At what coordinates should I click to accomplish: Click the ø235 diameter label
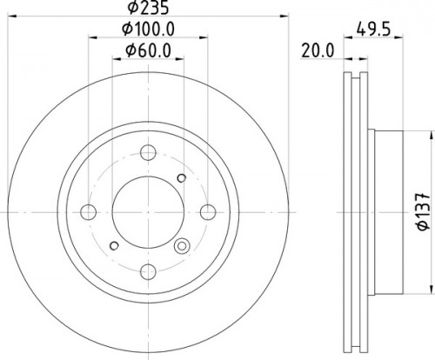pyautogui.click(x=148, y=7)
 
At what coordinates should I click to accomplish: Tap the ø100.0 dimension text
pyautogui.click(x=148, y=29)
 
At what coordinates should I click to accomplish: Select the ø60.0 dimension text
pyautogui.click(x=148, y=50)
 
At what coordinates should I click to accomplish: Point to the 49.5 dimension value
pyautogui.click(x=373, y=29)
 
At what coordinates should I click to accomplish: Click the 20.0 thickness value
pyautogui.click(x=318, y=50)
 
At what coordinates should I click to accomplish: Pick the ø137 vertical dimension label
pyautogui.click(x=424, y=212)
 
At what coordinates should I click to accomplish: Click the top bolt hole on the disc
pyautogui.click(x=148, y=152)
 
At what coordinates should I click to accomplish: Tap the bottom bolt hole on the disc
pyautogui.click(x=148, y=271)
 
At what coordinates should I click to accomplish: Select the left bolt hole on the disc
pyautogui.click(x=89, y=212)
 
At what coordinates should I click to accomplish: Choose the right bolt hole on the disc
pyautogui.click(x=208, y=212)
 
